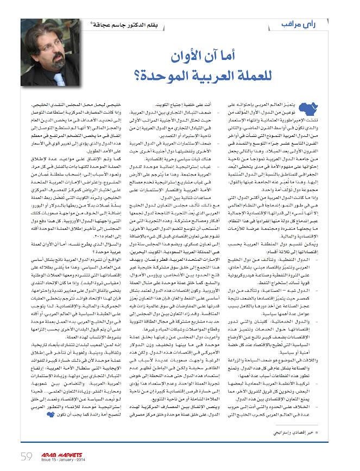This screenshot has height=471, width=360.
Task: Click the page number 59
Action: click(27, 455)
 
